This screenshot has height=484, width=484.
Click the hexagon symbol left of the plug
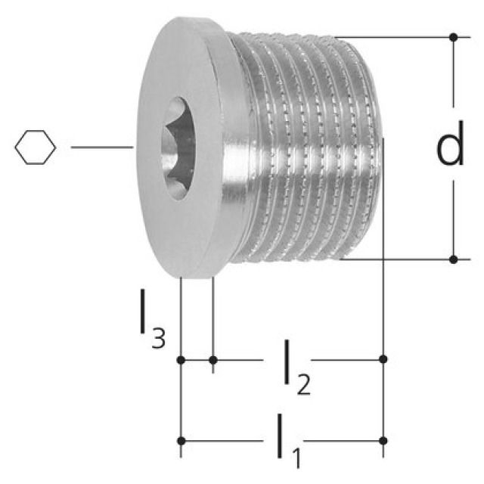(x=35, y=147)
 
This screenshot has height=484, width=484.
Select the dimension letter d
(x=451, y=148)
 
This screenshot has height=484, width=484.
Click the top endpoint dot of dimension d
(x=453, y=36)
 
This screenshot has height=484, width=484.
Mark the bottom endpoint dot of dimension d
(x=453, y=259)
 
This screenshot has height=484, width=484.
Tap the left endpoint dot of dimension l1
(x=180, y=440)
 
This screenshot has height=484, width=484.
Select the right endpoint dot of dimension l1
(x=383, y=440)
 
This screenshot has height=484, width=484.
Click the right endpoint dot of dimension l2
(x=383, y=358)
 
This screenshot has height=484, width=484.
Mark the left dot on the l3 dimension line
(x=180, y=359)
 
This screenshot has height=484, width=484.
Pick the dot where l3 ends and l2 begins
(x=213, y=359)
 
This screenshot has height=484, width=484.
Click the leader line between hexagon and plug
(x=102, y=148)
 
